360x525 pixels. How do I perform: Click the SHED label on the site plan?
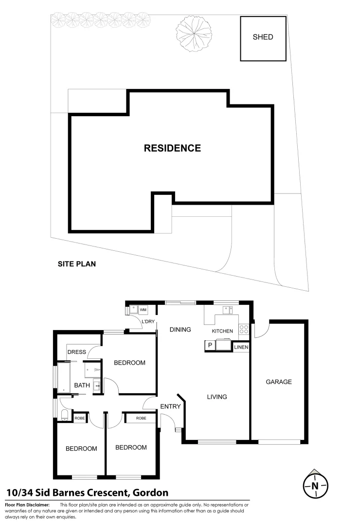263,37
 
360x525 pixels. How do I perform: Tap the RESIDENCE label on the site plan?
172,148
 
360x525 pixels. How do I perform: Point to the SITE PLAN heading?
77,264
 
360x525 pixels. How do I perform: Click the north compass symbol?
315,485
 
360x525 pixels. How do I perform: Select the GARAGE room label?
279,382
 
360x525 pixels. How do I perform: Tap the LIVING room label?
217,397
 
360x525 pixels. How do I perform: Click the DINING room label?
180,330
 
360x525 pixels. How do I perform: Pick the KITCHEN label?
222,331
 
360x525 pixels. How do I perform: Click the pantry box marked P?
210,346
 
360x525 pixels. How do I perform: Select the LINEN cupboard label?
241,347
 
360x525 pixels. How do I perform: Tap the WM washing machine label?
143,309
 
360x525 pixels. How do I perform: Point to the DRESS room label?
77,352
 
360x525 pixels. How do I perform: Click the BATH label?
82,385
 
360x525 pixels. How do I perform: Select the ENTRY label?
170,407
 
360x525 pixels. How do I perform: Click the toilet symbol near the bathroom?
65,415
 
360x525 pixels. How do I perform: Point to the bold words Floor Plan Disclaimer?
27,506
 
